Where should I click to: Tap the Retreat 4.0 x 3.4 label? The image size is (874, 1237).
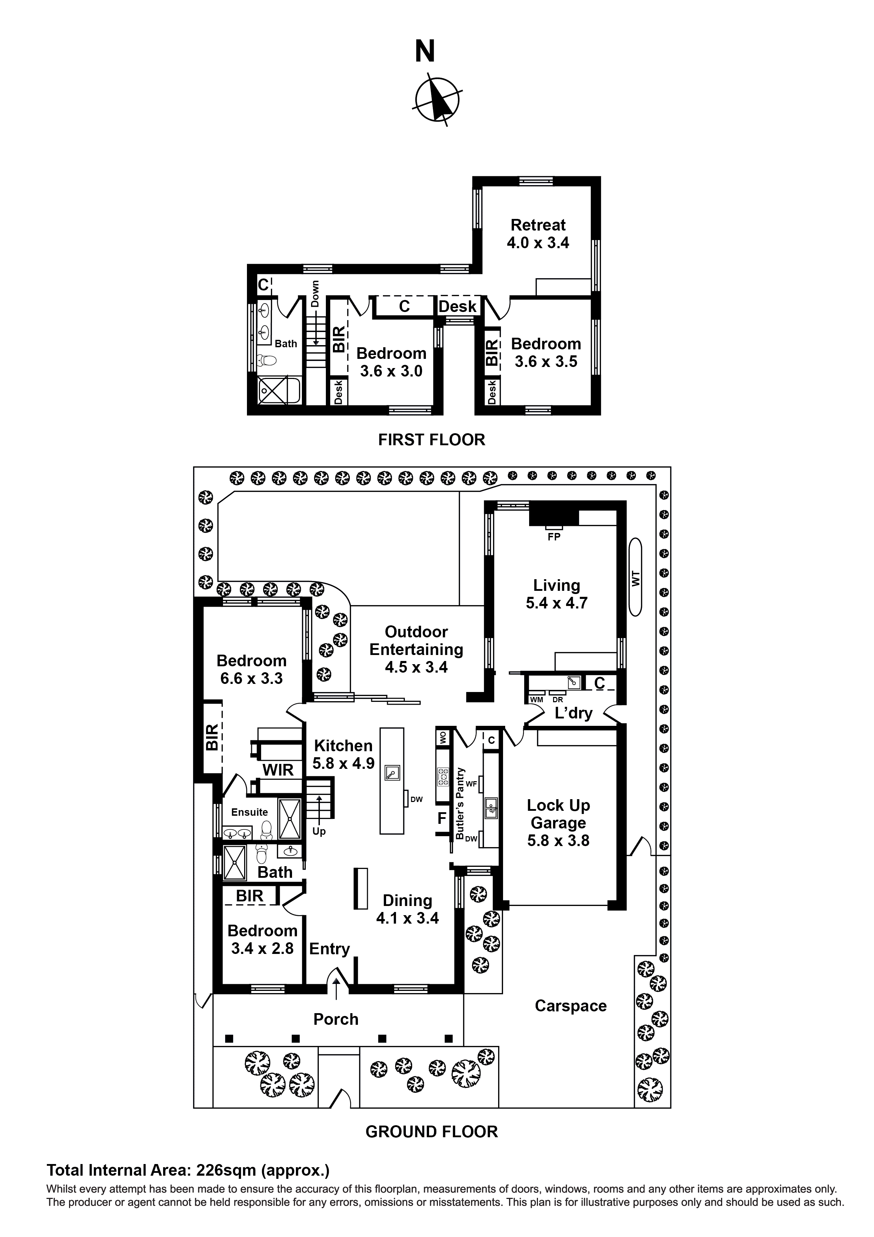(538, 234)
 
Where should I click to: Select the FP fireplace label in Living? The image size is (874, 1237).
(553, 537)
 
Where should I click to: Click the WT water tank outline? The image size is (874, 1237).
(636, 577)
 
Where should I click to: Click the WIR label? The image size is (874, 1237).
(278, 770)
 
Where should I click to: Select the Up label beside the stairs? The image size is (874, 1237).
(319, 831)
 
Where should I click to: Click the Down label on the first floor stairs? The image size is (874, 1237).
(315, 294)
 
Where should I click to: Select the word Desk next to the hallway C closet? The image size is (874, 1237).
(457, 307)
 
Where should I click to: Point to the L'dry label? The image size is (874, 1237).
(574, 713)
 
